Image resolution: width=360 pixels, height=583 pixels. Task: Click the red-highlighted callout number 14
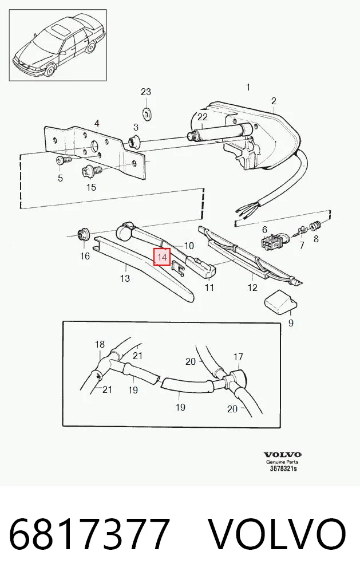click(x=163, y=257)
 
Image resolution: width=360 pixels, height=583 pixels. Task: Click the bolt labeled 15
click(x=91, y=171)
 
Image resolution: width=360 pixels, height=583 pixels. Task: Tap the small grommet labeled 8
click(x=315, y=225)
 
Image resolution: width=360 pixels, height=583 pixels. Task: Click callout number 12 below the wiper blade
click(x=252, y=287)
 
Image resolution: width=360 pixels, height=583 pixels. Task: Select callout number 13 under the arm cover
click(x=125, y=278)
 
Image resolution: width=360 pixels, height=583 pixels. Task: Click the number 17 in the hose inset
click(x=238, y=357)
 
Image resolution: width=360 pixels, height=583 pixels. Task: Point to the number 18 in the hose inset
click(x=100, y=344)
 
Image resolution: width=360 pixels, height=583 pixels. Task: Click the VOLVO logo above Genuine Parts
click(x=282, y=455)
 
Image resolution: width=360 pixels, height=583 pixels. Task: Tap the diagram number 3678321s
click(x=283, y=468)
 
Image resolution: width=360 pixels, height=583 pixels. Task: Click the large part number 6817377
click(x=89, y=534)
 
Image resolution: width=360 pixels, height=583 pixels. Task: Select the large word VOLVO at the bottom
click(x=278, y=534)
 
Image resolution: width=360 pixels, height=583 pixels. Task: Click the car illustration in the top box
click(x=58, y=45)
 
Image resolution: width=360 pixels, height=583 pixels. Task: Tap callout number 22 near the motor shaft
click(x=203, y=117)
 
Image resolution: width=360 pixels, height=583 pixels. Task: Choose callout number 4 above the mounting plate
click(x=97, y=123)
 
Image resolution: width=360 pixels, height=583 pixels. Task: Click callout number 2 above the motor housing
click(x=274, y=101)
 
